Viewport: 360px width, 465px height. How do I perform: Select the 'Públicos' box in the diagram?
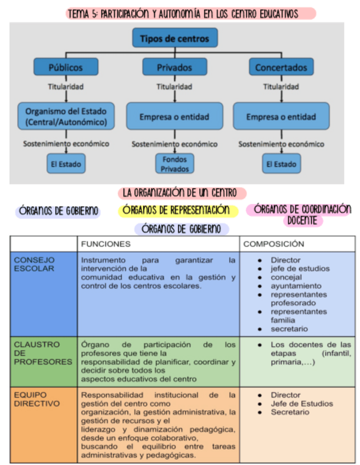[x=66, y=67]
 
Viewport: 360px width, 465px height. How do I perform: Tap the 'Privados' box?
[x=175, y=67]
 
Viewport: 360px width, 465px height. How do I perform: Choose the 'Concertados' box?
[x=281, y=67]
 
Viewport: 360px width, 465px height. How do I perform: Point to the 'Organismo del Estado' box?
[x=66, y=116]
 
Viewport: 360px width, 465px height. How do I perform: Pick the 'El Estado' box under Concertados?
[x=281, y=163]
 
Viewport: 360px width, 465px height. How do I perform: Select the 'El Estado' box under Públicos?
[x=66, y=163]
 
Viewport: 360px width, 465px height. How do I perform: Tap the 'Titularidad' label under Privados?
[x=175, y=87]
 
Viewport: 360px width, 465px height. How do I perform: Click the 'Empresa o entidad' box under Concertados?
[x=281, y=117]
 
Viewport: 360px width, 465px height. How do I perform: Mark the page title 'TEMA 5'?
[x=190, y=14]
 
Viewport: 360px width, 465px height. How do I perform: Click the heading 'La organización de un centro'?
[x=181, y=193]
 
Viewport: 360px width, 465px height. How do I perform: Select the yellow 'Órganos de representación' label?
[x=177, y=210]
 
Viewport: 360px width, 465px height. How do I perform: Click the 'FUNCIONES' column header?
[x=106, y=243]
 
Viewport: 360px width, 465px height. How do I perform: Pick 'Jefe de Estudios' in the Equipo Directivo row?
[x=301, y=404]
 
